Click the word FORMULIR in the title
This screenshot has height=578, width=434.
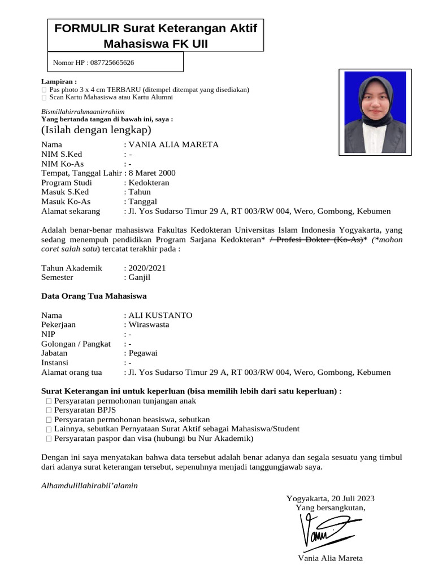[x=86, y=29]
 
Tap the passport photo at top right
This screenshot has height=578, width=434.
[x=372, y=111]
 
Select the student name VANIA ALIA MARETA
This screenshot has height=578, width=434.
[x=173, y=145]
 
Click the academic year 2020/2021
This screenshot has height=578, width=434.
[x=147, y=268]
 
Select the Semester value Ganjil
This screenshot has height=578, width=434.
[x=140, y=278]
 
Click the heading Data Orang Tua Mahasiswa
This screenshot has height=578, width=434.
[x=94, y=296]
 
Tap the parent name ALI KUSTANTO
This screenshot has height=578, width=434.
[x=160, y=315]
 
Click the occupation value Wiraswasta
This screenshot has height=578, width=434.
[x=149, y=325]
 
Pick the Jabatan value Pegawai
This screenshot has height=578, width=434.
[x=143, y=353]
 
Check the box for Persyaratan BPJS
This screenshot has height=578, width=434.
[x=49, y=411]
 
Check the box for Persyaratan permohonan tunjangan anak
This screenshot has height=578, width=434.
[x=49, y=401]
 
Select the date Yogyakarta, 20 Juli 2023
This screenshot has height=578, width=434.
[x=331, y=498]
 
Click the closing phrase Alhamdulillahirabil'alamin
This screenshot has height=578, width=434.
[x=90, y=486]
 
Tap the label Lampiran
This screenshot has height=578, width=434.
[x=59, y=81]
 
